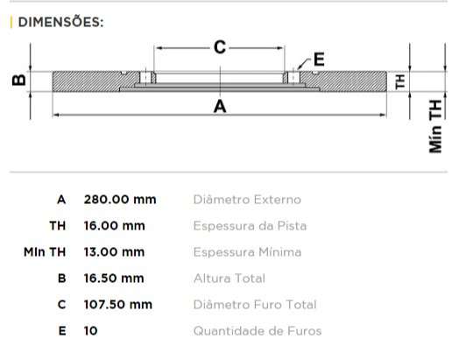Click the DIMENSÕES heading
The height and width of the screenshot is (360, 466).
pos(60,22)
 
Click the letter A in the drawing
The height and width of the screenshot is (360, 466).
pos(220,107)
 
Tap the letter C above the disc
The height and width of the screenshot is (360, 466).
pos(220,47)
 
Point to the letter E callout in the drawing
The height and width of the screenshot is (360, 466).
pos(318,60)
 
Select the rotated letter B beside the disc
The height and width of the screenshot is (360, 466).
pos(18,81)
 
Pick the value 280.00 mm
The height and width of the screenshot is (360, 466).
pos(119,200)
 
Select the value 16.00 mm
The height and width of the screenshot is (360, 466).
pos(114,226)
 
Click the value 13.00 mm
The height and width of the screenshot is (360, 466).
pos(114,252)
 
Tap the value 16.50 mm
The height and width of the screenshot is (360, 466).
pos(114,279)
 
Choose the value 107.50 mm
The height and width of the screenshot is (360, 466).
pos(117,305)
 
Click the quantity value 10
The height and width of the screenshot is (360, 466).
pos(90,331)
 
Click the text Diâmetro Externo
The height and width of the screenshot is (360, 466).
pos(246,200)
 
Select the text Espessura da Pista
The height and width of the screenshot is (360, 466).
pos(250,226)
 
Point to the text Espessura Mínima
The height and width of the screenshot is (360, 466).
pos(247,252)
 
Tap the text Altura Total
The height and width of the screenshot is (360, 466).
pos(229,279)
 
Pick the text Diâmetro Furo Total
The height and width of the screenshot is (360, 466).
pos(254,305)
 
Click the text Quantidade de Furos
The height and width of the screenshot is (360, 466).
pos(257,331)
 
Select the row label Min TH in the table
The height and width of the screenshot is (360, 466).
pos(46,252)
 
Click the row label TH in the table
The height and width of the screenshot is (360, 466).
pos(58,226)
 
